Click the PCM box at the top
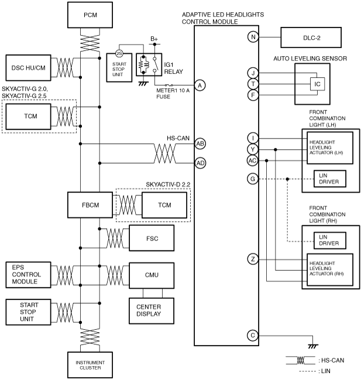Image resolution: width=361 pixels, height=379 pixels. [x=90, y=15]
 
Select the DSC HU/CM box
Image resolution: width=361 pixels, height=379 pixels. [x=28, y=68]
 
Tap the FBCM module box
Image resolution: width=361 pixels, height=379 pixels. [x=90, y=205]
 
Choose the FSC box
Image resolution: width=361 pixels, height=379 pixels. [x=152, y=238]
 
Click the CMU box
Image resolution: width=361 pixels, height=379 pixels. [x=152, y=275]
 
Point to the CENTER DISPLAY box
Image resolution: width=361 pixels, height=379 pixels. [x=152, y=311]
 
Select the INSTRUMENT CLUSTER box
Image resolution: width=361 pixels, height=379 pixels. [x=90, y=365]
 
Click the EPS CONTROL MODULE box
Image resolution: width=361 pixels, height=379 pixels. [x=28, y=275]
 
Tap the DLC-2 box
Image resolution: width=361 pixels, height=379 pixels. [x=311, y=37]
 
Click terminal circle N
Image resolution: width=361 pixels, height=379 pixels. [x=253, y=37]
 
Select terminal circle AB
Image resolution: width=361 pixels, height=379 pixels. [x=200, y=144]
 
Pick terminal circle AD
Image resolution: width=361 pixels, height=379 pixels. [x=200, y=163]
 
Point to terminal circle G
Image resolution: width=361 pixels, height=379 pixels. [x=253, y=179]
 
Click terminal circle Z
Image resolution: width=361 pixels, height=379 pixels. [x=253, y=259]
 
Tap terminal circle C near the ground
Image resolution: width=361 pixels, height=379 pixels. [x=253, y=336]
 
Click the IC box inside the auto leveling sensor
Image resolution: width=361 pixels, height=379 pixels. [x=317, y=84]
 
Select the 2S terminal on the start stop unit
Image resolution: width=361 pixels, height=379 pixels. [x=119, y=53]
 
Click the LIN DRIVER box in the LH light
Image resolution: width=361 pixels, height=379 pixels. [x=330, y=179]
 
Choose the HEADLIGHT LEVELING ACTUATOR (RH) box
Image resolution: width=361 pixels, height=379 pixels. [x=330, y=270]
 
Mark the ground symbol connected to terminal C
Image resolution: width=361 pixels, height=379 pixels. [x=313, y=346]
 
